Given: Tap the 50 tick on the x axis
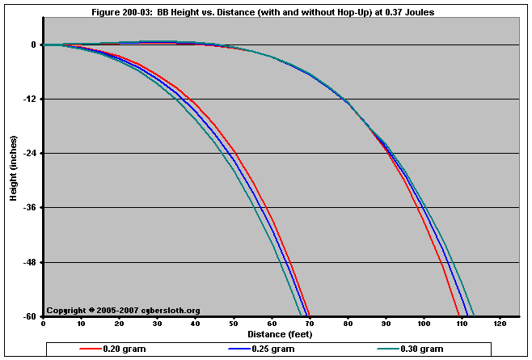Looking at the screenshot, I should (x=234, y=324).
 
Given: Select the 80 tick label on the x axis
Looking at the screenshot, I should (x=348, y=324).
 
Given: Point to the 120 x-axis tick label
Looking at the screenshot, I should (x=500, y=324).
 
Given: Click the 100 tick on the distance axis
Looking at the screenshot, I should (x=424, y=324).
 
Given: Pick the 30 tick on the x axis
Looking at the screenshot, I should (x=157, y=324).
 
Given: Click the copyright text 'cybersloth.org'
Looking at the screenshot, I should (x=169, y=311).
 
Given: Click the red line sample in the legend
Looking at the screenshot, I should (x=90, y=349).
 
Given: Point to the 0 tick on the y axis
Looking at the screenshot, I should (x=33, y=45).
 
